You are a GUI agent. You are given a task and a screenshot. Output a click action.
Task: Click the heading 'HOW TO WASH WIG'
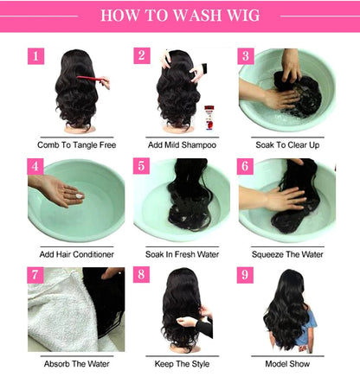pos(179,16)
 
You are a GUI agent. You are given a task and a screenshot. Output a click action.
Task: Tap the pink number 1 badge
pos(35,56)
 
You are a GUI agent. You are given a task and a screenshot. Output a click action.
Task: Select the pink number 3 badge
pos(247,56)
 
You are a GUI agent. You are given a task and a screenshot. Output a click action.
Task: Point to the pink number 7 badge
pos(35,276)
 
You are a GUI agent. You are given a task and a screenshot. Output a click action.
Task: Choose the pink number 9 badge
pos(247,276)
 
